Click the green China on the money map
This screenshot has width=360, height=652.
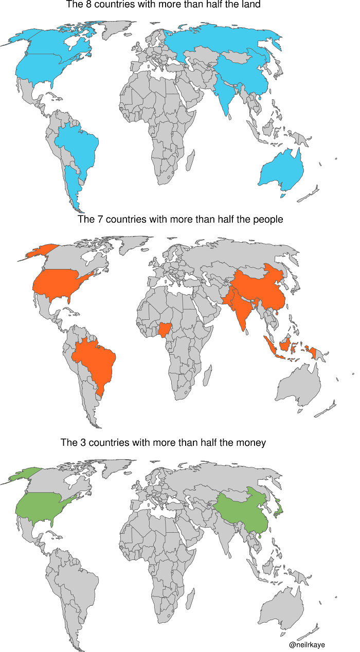pos(242,509)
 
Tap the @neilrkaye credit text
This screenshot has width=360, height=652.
pos(307,644)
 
